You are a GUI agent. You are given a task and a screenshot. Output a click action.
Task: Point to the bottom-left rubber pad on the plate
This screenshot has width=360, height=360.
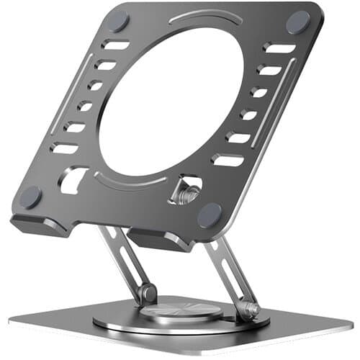tap(31, 196)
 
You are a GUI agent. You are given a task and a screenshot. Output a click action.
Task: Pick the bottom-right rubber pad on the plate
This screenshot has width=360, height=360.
tap(210, 214)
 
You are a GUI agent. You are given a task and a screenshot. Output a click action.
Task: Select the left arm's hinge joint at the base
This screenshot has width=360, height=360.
tap(148, 293)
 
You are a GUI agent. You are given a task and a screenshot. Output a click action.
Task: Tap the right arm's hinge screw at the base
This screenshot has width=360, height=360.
tap(251, 310)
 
